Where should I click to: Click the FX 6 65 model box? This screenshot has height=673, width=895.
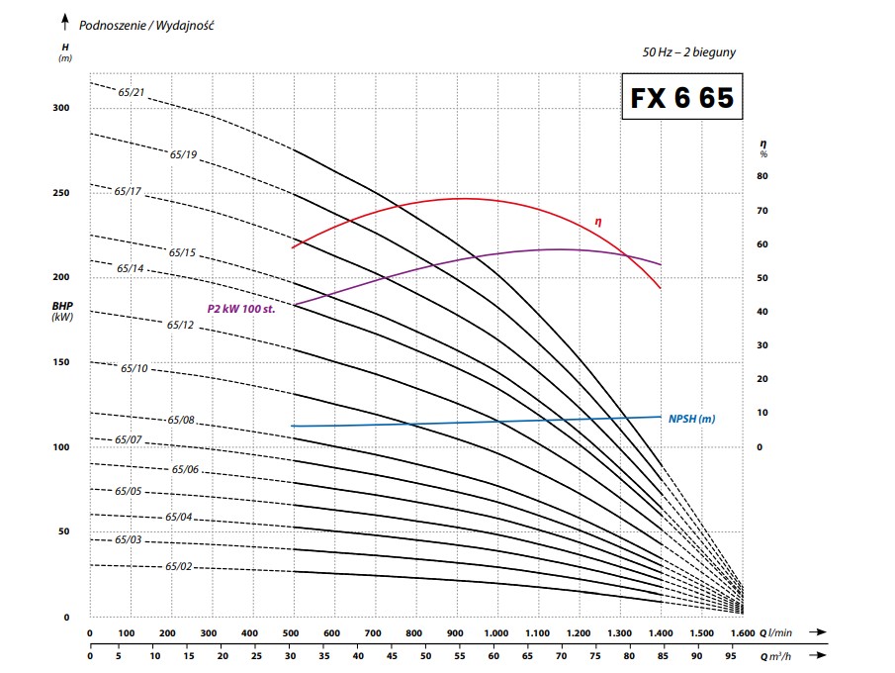tap(680, 98)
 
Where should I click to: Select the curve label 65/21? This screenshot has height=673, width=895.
tap(132, 92)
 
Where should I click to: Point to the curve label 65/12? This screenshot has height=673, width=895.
tap(180, 325)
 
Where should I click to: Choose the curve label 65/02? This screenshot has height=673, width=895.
tap(179, 566)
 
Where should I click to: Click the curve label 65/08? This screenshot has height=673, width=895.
tap(181, 421)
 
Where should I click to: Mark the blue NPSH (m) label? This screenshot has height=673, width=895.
tap(691, 419)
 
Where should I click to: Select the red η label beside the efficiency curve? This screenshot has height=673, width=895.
tap(598, 222)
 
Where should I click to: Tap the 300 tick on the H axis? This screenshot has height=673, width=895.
tap(61, 108)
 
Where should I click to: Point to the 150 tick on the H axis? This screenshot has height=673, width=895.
tap(61, 362)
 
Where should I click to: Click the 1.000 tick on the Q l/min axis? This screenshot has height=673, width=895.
tap(495, 633)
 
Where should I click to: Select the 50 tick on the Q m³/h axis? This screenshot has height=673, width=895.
tap(424, 654)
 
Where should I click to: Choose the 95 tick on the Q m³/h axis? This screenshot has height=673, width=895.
tap(731, 654)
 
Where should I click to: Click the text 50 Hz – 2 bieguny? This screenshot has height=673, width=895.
tap(688, 51)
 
